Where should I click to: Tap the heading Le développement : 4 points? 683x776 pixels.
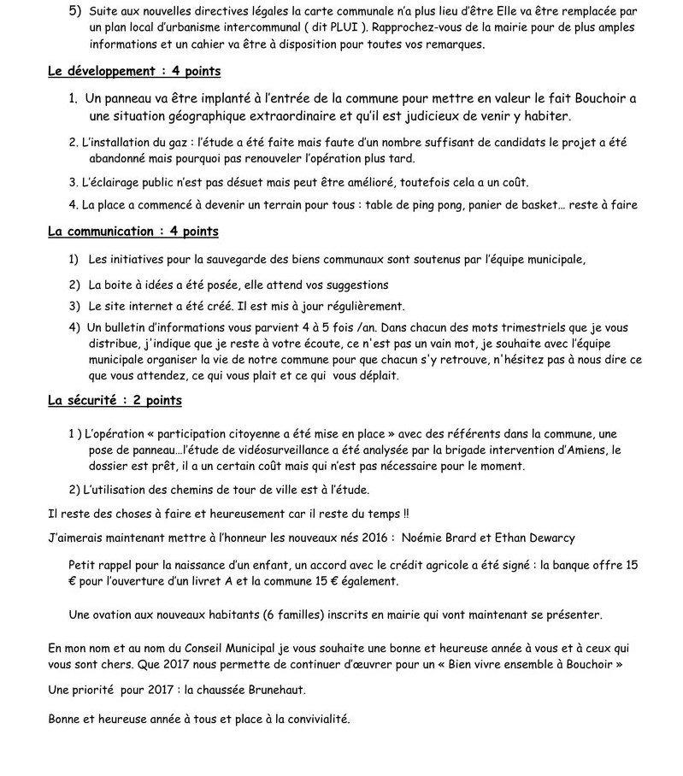(x=134, y=72)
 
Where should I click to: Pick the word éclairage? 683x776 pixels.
(x=112, y=182)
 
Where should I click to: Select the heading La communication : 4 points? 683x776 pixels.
(x=133, y=232)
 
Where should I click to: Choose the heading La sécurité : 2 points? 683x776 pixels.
(x=115, y=400)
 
